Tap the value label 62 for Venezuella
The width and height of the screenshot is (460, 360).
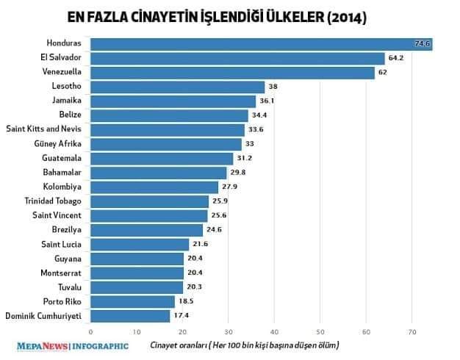(384, 73)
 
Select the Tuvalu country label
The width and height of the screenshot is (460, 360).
(69, 287)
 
